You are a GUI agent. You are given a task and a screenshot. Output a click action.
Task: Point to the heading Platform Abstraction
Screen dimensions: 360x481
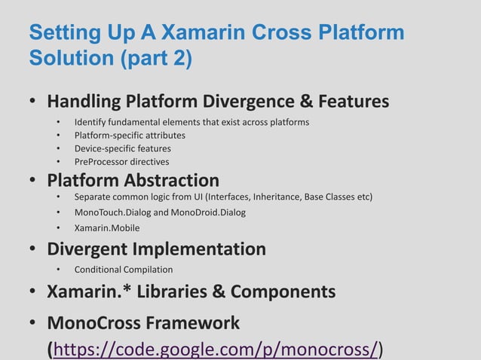tap(133, 181)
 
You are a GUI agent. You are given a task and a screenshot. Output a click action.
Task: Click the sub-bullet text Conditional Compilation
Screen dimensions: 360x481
tap(124, 269)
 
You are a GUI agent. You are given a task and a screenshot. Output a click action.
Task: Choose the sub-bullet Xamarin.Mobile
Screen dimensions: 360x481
tap(107, 227)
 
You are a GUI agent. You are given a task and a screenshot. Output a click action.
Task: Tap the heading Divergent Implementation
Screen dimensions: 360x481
tap(156, 249)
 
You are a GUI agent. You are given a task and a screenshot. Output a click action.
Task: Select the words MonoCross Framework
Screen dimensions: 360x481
tap(143, 323)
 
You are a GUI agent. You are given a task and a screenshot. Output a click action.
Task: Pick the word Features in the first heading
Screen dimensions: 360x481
tap(353, 101)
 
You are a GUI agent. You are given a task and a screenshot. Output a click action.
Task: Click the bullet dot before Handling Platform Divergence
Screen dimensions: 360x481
tap(33, 102)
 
